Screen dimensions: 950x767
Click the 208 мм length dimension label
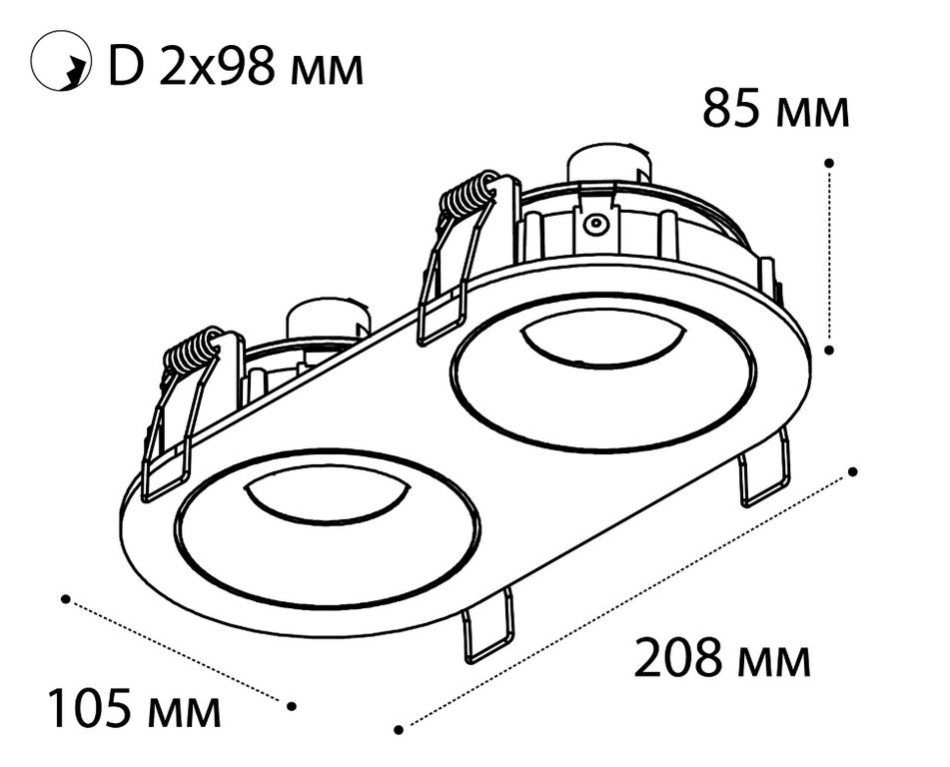click(721, 657)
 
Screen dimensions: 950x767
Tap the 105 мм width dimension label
click(135, 707)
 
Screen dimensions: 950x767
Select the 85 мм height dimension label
click(776, 109)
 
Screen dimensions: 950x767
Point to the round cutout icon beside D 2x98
click(61, 62)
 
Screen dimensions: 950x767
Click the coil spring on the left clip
click(191, 352)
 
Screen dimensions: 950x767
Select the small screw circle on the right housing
click(595, 224)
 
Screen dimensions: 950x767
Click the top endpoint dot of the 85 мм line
click(829, 163)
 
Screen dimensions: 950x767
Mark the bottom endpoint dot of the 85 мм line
click(830, 350)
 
